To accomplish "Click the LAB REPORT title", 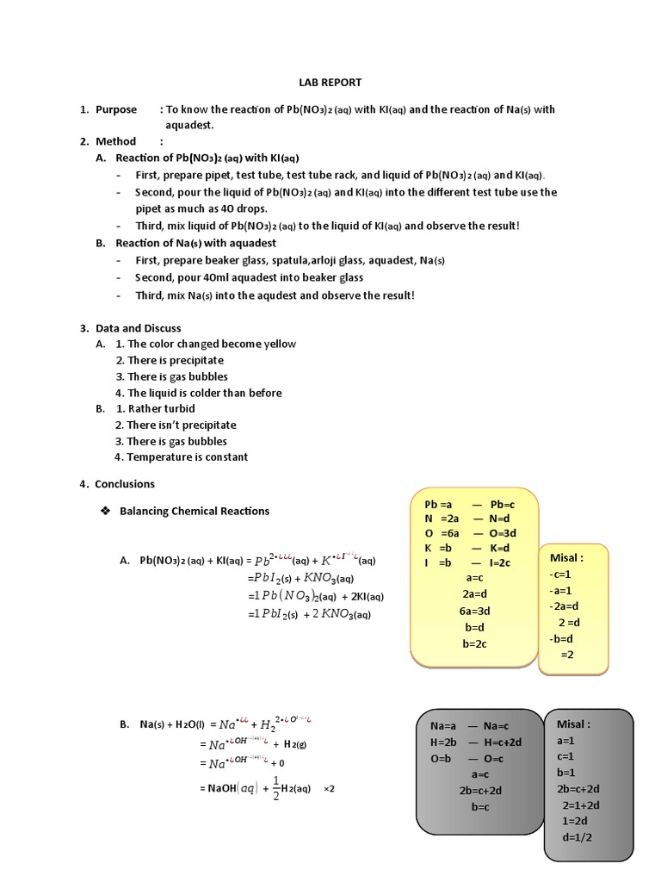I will click(331, 82).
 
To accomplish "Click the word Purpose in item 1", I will click(115, 109).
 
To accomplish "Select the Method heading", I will click(115, 141).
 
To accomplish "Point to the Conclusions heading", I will click(125, 484).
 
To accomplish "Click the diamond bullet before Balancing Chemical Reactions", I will click(105, 511).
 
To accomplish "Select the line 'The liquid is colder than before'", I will click(198, 393).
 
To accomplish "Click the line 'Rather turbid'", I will click(161, 408).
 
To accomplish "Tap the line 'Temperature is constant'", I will click(187, 457).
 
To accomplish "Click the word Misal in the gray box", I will click(578, 724).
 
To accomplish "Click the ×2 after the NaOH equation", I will click(328, 788).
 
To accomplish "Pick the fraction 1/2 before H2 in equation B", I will click(276, 788).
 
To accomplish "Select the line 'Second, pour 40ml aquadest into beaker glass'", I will click(250, 277).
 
